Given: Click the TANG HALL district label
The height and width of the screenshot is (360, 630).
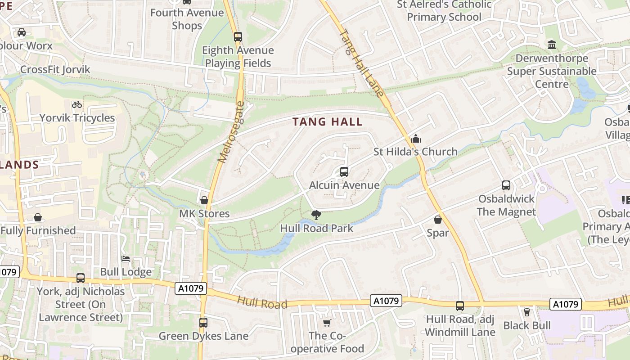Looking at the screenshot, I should (x=327, y=121).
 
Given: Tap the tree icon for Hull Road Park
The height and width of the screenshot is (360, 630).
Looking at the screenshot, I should (x=316, y=215).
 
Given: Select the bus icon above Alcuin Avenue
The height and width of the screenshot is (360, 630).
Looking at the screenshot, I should (x=344, y=171).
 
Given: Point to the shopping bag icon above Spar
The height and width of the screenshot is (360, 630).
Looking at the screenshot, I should (x=437, y=220).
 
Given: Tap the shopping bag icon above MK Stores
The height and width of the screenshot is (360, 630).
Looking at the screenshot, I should (x=204, y=200).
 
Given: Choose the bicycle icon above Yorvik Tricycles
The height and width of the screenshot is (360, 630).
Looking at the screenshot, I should (x=77, y=104).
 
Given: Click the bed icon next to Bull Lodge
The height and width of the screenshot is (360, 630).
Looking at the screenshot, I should (x=126, y=259).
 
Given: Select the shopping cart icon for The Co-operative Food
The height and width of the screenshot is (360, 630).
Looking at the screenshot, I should (x=327, y=323).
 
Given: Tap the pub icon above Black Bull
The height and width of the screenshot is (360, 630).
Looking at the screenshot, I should (x=526, y=312).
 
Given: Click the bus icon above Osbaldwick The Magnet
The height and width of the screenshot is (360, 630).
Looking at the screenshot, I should (x=506, y=185).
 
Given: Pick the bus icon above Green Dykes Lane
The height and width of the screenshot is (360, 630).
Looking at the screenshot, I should (x=203, y=322).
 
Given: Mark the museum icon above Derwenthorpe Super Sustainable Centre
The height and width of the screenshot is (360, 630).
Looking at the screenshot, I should (x=552, y=45).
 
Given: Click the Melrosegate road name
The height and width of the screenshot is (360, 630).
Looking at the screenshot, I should (x=231, y=132).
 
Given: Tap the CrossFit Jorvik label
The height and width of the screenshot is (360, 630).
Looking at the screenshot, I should (x=55, y=70).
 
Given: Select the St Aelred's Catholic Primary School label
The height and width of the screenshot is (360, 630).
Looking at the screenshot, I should (x=444, y=11).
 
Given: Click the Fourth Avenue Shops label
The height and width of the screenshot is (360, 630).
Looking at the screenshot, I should (x=187, y=19).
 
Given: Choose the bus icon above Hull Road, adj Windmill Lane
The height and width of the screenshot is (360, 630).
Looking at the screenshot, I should (x=459, y=306).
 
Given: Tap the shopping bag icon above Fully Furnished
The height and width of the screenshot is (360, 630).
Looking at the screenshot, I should (x=38, y=218).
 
